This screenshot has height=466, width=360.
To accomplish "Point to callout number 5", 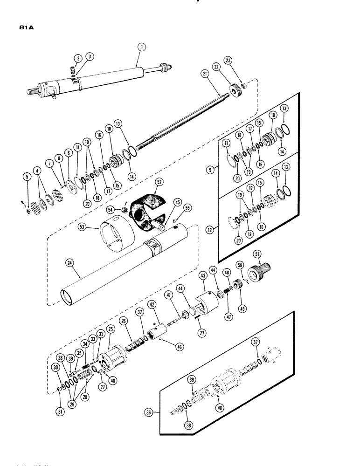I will click(x=28, y=177).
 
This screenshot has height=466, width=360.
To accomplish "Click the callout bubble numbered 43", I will click(x=203, y=276).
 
